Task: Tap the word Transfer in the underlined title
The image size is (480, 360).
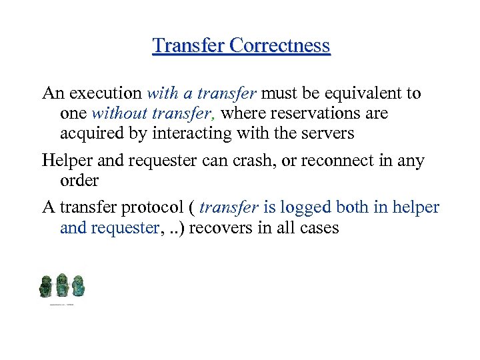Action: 189,45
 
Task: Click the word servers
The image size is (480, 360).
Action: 329,133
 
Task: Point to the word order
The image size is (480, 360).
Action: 79,181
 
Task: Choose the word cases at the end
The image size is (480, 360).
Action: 319,228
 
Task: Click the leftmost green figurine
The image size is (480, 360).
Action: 45,286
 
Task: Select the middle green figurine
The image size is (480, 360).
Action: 62,285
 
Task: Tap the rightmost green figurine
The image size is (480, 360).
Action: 78,286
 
